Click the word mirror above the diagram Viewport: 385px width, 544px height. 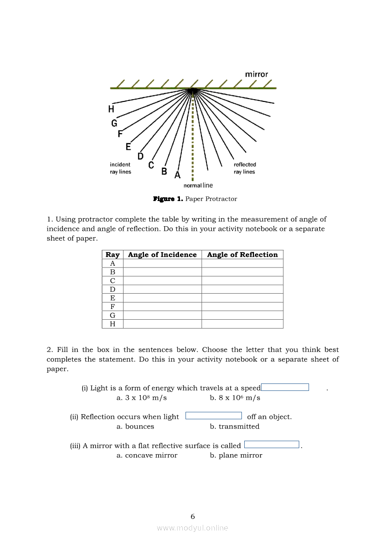point(256,74)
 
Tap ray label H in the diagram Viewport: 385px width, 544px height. point(111,109)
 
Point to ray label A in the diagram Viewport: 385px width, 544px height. point(177,175)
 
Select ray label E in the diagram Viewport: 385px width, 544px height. point(128,147)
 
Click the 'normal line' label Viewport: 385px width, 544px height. point(198,186)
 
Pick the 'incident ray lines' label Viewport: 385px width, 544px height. point(120,168)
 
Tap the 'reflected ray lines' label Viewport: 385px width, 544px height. point(245,168)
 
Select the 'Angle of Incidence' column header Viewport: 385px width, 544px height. point(162,255)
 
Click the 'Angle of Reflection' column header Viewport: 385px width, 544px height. point(242,255)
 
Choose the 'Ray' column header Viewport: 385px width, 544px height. point(112,255)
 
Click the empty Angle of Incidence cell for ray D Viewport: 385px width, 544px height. point(162,289)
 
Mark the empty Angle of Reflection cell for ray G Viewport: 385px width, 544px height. point(242,316)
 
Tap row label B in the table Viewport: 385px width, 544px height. point(112,272)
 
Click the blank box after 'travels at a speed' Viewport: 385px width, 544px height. point(285,387)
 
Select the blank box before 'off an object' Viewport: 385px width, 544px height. point(213,416)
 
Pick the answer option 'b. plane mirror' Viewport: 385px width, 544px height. point(236,456)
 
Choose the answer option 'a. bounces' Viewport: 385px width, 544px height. point(135,427)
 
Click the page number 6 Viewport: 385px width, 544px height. point(192,516)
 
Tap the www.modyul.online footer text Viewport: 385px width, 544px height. point(192,528)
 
